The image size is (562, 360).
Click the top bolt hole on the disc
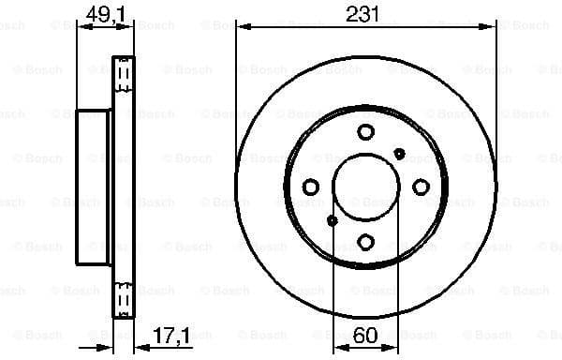[365, 132]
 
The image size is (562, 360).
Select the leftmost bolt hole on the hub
[310, 187]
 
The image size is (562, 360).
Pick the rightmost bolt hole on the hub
[421, 187]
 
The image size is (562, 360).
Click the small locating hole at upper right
[400, 153]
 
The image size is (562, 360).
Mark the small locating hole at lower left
[332, 221]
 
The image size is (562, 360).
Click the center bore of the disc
[365, 187]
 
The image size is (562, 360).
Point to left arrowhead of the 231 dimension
[242, 25]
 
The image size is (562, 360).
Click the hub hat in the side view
[94, 187]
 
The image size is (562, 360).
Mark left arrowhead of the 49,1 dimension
[81, 25]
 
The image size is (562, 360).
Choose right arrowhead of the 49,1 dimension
[130, 25]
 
